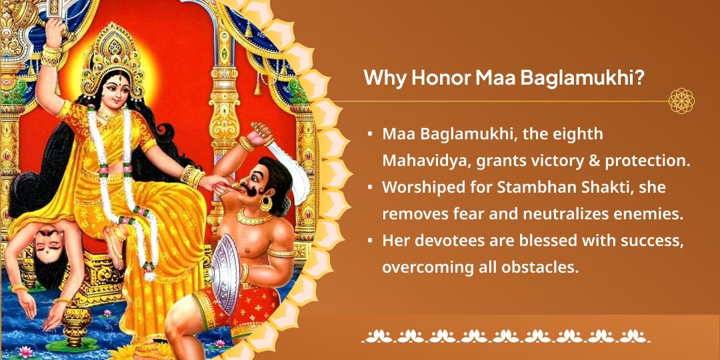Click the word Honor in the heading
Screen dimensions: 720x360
439,78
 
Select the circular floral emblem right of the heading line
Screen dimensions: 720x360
681,101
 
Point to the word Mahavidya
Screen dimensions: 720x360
421,161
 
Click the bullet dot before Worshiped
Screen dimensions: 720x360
370,188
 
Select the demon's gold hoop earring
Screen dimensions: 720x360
265,203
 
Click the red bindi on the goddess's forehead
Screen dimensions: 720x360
111,74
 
